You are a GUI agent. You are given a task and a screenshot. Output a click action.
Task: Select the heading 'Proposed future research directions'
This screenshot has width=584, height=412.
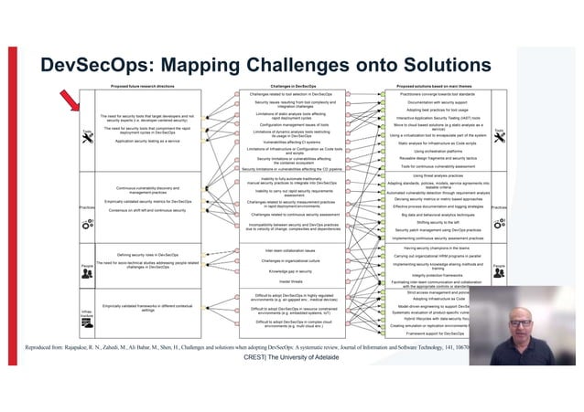(144, 86)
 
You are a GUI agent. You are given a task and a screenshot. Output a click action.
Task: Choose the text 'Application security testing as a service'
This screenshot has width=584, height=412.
(147, 142)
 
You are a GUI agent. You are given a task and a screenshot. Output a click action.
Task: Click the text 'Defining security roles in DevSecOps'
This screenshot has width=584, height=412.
(148, 255)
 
